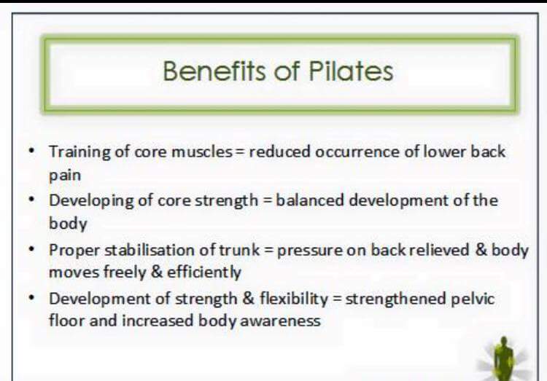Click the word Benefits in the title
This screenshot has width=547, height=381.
point(214,71)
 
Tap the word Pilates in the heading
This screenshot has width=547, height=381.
point(351,71)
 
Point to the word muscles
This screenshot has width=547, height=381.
point(202,152)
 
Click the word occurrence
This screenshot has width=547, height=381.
point(357,152)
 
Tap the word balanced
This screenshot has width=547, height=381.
point(310,200)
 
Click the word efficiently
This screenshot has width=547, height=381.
point(204,272)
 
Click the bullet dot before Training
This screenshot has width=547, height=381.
point(32,151)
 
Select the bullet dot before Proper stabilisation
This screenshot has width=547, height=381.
point(32,249)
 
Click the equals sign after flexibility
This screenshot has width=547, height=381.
point(337,299)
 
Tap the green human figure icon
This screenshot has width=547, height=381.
point(503,359)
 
